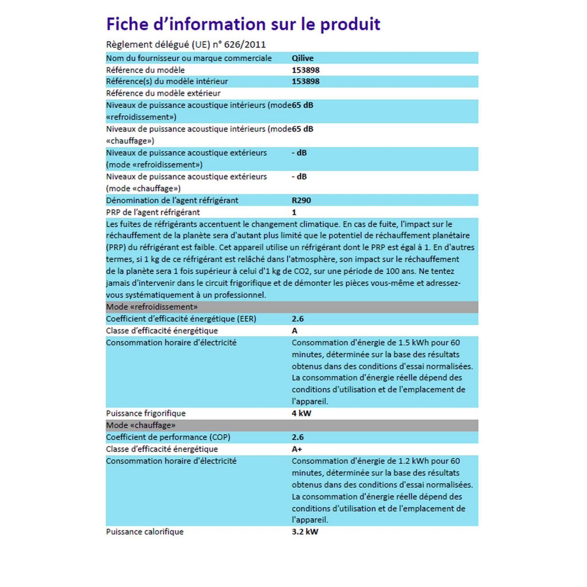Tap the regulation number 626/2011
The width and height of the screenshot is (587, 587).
pos(245,45)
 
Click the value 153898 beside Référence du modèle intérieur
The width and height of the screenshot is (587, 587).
pos(306,81)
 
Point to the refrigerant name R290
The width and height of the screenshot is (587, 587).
pos(302,200)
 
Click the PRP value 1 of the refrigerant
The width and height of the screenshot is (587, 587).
pos(294,212)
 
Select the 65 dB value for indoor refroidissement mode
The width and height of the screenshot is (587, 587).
pos(303,105)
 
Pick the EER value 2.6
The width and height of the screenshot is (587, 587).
pos(298,319)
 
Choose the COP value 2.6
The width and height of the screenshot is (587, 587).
pos(298,437)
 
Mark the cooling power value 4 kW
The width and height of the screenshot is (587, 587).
pos(302,413)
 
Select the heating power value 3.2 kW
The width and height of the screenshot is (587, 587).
pos(305,532)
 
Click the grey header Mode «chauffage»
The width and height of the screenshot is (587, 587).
pos(141,425)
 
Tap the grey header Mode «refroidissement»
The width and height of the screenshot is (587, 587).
pos(152,307)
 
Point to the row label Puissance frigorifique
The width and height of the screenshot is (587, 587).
pos(146,413)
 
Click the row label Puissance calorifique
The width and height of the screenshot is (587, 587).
pos(145,532)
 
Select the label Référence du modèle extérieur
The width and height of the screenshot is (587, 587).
pos(163,93)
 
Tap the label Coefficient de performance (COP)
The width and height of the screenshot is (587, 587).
pos(168,437)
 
